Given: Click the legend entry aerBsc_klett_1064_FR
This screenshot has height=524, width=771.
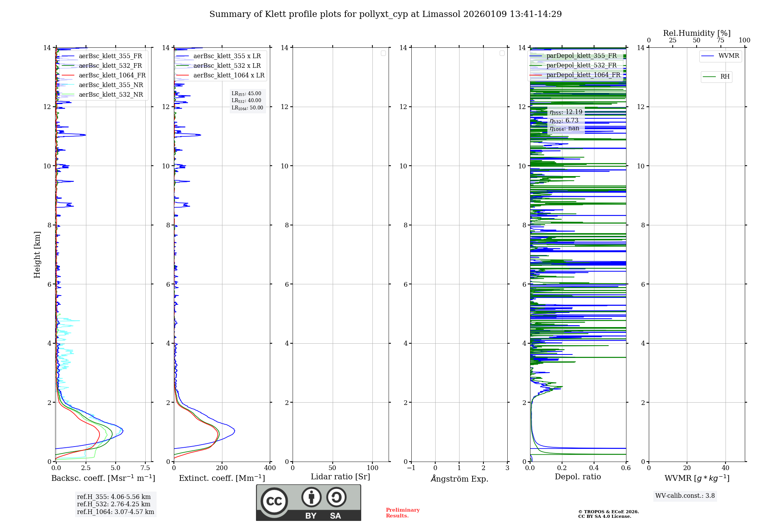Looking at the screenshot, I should [x=112, y=76].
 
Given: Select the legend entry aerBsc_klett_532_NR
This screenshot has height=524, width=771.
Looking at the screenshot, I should [x=111, y=95].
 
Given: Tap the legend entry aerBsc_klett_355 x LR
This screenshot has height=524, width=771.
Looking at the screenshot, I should [x=227, y=56].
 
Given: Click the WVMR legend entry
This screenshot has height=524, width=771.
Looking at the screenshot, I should [x=728, y=56].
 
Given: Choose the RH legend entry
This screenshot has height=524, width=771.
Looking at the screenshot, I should [x=724, y=77].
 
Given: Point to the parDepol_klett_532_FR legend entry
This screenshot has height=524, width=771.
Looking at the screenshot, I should [x=581, y=65].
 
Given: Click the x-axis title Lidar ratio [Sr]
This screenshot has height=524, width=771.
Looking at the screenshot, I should [x=340, y=477].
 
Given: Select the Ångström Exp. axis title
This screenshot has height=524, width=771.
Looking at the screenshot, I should [x=459, y=479].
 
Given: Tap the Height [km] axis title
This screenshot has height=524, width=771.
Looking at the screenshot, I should [x=37, y=254].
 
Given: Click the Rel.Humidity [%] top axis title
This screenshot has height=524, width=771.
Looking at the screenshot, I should [x=697, y=33].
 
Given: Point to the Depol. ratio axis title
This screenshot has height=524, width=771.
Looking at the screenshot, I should [x=577, y=477].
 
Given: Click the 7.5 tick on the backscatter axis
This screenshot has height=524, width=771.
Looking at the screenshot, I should [x=145, y=468].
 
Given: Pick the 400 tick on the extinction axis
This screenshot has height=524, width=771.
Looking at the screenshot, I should [x=270, y=468].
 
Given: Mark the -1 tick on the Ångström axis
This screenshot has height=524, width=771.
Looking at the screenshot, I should [x=411, y=468].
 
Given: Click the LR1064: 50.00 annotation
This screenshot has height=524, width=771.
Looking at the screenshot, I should [x=247, y=108].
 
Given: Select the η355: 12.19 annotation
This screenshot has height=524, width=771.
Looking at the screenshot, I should [x=566, y=112].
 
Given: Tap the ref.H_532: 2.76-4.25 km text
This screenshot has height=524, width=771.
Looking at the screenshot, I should [x=114, y=504].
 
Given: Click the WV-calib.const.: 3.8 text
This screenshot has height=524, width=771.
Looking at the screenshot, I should [x=685, y=496].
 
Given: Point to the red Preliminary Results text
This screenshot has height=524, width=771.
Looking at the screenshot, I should [x=402, y=513].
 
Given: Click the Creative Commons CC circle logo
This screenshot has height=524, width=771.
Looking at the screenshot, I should [x=274, y=501].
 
